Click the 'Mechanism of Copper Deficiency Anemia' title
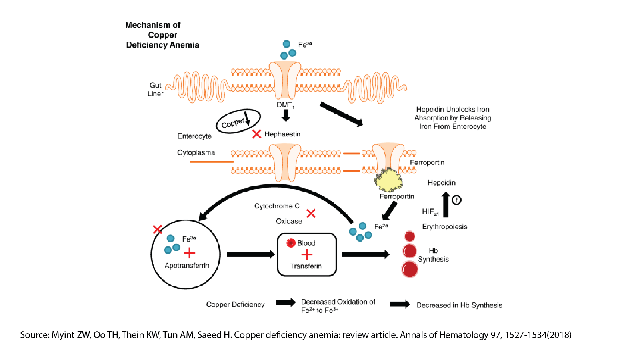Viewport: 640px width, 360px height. pyautogui.click(x=162, y=35)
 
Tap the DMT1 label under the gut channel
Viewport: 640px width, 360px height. pyautogui.click(x=285, y=105)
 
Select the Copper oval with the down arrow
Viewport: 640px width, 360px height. pyautogui.click(x=238, y=121)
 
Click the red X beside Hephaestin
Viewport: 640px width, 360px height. pyautogui.click(x=256, y=134)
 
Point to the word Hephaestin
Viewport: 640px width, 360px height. pyautogui.click(x=282, y=134)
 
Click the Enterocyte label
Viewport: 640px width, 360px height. pyautogui.click(x=194, y=136)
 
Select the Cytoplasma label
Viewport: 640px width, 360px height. pyautogui.click(x=196, y=152)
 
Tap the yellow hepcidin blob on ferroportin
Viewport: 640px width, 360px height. pyautogui.click(x=388, y=180)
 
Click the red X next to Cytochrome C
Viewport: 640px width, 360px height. pyautogui.click(x=311, y=213)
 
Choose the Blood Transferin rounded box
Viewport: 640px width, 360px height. pyautogui.click(x=307, y=255)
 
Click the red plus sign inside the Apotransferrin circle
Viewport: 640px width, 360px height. pyautogui.click(x=189, y=253)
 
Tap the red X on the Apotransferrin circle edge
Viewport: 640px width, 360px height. pyautogui.click(x=158, y=229)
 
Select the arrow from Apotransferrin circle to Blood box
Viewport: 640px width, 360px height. pyautogui.click(x=250, y=254)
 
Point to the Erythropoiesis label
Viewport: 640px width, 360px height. pyautogui.click(x=444, y=226)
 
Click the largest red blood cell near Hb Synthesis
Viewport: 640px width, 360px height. pyautogui.click(x=410, y=269)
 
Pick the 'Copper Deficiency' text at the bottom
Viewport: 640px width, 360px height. pyautogui.click(x=235, y=304)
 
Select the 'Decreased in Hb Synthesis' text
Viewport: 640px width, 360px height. pyautogui.click(x=459, y=305)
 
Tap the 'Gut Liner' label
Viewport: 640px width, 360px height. pyautogui.click(x=155, y=89)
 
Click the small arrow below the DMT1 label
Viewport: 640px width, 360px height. pyautogui.click(x=286, y=115)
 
